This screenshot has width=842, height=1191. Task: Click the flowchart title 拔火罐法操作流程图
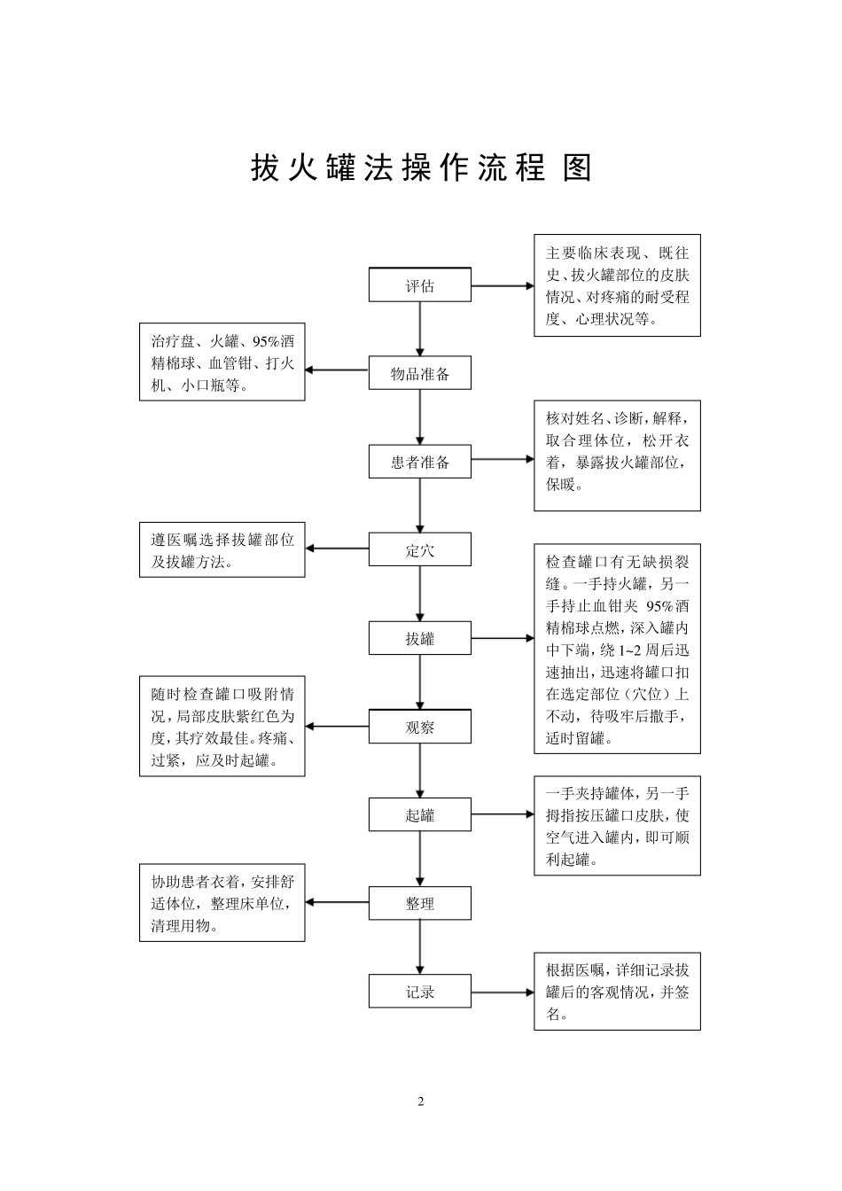point(421,167)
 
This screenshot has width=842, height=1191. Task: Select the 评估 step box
point(419,285)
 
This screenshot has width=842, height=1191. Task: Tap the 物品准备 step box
point(419,374)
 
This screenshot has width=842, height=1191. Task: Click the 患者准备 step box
point(419,462)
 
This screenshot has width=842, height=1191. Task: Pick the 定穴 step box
point(419,550)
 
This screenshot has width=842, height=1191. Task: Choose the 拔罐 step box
point(419,638)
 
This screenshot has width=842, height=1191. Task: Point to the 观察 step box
point(419,727)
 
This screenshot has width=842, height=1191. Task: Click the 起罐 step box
point(419,814)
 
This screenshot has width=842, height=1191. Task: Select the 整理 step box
point(419,903)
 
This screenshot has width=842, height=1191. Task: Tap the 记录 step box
point(419,992)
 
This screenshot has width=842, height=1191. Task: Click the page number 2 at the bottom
point(421,1101)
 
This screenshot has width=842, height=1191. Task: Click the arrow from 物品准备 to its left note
point(337,370)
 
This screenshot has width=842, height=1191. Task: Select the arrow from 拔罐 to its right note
point(503,637)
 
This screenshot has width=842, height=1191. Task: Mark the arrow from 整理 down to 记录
point(420,947)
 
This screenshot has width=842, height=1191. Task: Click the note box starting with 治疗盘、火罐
point(222,362)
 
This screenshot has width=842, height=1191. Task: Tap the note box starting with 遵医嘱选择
point(222,550)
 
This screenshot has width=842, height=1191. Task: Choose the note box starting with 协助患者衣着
point(222,903)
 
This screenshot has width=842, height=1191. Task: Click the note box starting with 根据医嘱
point(617,992)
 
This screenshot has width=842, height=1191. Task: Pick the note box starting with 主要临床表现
point(617,285)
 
